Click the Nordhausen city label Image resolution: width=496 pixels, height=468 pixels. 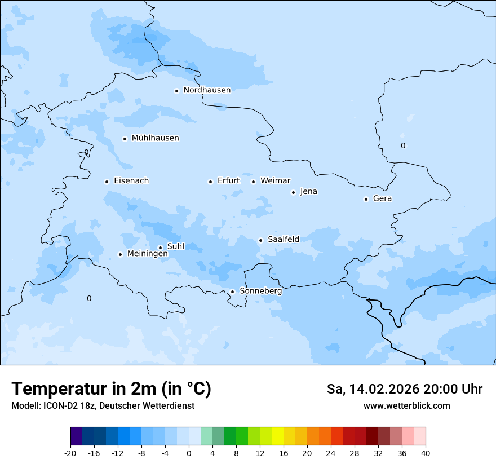(207, 90)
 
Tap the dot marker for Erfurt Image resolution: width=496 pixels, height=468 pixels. (210, 182)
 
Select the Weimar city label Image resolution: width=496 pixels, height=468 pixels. (275, 181)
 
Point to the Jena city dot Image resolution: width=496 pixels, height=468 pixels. (293, 192)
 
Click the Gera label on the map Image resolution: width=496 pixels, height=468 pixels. (382, 198)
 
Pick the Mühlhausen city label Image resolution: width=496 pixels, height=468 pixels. (155, 138)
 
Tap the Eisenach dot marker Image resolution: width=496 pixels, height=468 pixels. (107, 182)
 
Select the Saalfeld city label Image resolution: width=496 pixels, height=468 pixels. (283, 240)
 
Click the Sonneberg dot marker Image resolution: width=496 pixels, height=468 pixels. (232, 292)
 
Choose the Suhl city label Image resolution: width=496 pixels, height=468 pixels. (175, 246)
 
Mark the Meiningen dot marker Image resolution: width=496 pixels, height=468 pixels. (120, 254)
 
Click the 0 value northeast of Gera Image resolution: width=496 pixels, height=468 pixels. (402, 146)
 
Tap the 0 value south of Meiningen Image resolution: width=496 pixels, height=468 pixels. (88, 298)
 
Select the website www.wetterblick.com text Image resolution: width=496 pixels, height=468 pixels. (406, 406)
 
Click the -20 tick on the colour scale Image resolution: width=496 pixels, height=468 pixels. (70, 453)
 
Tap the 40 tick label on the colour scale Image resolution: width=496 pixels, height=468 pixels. (426, 453)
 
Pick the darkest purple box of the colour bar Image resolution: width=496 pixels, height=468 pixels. (76, 436)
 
